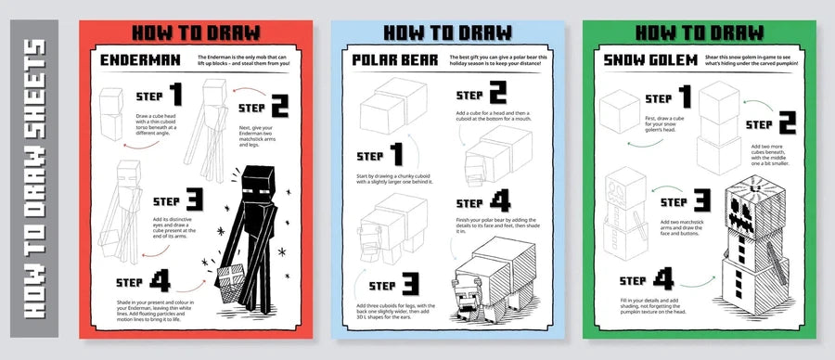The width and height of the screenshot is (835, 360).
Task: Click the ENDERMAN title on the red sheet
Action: click(141, 62)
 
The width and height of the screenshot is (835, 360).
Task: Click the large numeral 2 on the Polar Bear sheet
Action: click(498, 94)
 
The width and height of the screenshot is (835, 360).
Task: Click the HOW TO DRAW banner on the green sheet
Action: click(700, 32)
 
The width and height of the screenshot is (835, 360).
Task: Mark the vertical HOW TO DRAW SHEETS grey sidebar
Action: click(34, 179)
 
